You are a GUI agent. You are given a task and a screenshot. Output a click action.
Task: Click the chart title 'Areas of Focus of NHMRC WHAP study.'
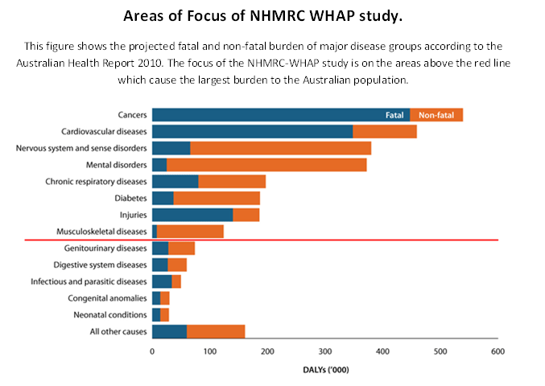pos(272,15)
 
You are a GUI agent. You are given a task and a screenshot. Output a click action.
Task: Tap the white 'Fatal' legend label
pos(394,115)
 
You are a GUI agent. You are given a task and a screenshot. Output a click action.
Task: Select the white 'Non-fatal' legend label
pos(436,115)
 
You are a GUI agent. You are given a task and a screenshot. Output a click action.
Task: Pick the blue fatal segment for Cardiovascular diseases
pos(252,131)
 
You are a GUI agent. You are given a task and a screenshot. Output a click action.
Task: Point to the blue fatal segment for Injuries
pos(192,215)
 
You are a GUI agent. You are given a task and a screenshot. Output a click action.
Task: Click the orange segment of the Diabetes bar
pos(217,198)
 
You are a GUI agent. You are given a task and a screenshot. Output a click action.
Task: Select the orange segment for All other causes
pos(215,331)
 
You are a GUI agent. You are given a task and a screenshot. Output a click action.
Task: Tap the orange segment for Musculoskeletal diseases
pos(190,232)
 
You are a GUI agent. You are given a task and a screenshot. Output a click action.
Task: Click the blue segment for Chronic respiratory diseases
pos(175,182)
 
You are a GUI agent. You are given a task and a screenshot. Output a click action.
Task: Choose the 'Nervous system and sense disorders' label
pos(81,148)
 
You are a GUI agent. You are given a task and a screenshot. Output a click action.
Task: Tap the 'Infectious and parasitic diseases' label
pos(89,281)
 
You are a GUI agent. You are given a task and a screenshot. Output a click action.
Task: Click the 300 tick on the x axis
pos(325,351)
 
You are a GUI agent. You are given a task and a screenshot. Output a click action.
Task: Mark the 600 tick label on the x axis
pos(498,351)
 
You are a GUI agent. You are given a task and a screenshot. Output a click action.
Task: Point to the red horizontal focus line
pos(322,240)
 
